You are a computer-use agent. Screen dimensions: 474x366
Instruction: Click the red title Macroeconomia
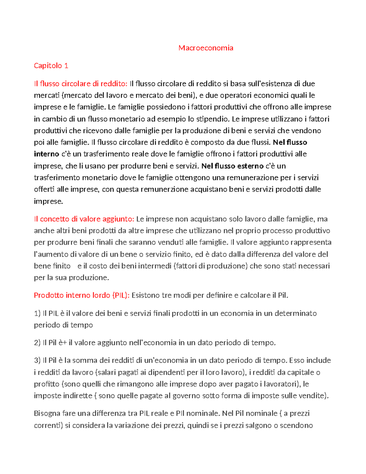206,48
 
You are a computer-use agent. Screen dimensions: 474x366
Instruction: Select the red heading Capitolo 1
51,66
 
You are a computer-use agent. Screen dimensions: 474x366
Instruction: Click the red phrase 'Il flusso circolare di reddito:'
81,84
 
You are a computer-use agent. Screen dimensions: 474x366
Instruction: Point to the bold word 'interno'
46,154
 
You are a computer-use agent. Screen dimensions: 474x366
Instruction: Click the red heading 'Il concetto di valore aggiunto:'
84,219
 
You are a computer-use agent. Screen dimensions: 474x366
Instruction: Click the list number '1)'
37,313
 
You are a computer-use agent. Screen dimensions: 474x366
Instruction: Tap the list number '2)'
37,342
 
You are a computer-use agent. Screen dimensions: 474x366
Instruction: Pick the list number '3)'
37,360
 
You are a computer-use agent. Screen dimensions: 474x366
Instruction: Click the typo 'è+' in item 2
63,342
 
